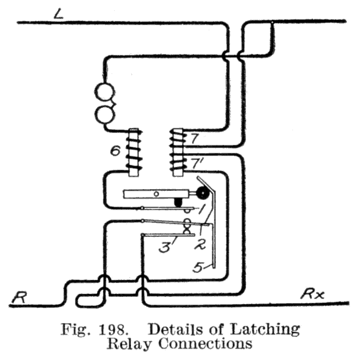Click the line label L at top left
coord(58,13)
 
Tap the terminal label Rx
coord(314,295)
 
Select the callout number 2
coord(198,244)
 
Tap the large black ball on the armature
coord(201,193)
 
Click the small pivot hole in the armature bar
coord(157,194)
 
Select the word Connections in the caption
coord(203,345)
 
